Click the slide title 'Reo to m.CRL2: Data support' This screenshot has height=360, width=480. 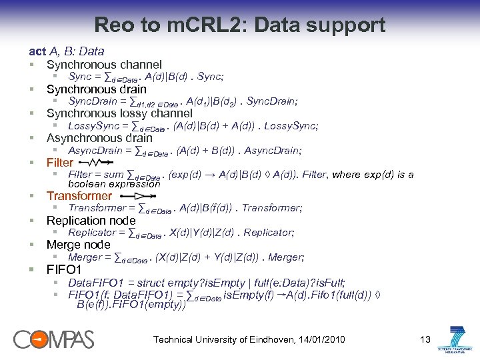[240, 25]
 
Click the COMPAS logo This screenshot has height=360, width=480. [54, 339]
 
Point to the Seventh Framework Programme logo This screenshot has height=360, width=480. [457, 339]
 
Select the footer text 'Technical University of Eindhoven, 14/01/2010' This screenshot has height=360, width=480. [249, 340]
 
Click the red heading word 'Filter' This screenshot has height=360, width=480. [60, 163]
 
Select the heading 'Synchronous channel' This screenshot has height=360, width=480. [104, 65]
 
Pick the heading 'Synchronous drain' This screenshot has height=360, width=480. [96, 89]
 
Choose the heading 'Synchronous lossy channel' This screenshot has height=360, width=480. [119, 113]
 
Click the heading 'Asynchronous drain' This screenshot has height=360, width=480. [99, 138]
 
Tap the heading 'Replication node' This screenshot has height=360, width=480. [91, 220]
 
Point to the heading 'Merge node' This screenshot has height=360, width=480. [78, 245]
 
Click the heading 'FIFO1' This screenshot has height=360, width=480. [64, 270]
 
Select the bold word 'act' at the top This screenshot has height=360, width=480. [37, 51]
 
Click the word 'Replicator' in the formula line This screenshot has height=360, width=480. [92, 233]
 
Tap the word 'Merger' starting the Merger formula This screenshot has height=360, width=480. [85, 257]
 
